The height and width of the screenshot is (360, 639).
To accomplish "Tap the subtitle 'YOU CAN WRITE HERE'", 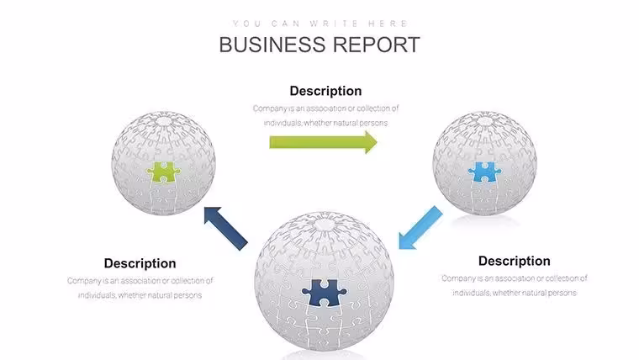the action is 319,24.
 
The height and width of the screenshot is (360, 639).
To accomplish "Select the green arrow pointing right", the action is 323,142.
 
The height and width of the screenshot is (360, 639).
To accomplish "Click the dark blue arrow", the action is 225,228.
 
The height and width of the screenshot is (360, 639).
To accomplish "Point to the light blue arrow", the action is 420,227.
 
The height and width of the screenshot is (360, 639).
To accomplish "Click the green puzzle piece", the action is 163,172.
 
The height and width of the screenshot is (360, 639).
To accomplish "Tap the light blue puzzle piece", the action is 484,172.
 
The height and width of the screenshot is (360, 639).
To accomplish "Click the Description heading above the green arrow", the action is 325,91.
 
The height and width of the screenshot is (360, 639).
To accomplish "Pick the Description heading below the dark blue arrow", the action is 140,263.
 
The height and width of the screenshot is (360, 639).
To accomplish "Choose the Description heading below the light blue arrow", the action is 515,261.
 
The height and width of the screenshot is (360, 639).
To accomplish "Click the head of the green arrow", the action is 371,142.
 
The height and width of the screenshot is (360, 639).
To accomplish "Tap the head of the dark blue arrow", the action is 213,214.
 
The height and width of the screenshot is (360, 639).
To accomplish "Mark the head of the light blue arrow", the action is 407,240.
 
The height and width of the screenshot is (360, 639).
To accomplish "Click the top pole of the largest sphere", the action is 325,224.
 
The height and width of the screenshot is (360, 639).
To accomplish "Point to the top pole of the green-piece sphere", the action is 164,121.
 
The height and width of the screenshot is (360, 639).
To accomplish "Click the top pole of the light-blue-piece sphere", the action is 485,121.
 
